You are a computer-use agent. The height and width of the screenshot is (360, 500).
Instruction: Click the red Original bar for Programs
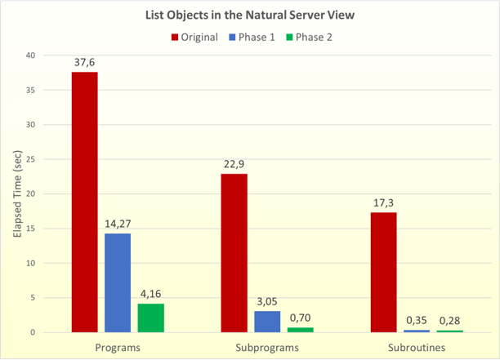coord(84,202)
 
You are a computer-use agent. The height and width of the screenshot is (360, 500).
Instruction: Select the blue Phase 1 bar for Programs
coord(118,282)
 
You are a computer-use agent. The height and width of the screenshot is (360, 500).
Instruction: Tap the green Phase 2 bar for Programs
coord(150,318)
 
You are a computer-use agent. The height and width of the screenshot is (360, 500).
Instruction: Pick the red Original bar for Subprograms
coord(234,253)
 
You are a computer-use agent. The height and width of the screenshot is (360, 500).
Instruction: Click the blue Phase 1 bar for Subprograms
coord(267,322)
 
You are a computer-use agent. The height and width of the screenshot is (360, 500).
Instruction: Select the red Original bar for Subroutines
coord(383,272)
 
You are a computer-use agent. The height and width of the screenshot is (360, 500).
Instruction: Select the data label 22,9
coord(234,164)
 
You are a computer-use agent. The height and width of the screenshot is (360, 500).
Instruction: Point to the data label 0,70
coord(300,318)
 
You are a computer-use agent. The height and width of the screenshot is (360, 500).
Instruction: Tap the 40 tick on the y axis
coord(30,56)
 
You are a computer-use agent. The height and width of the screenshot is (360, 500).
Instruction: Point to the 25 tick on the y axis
coord(30,159)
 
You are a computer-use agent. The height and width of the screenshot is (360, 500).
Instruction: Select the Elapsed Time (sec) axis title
coord(16,193)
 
